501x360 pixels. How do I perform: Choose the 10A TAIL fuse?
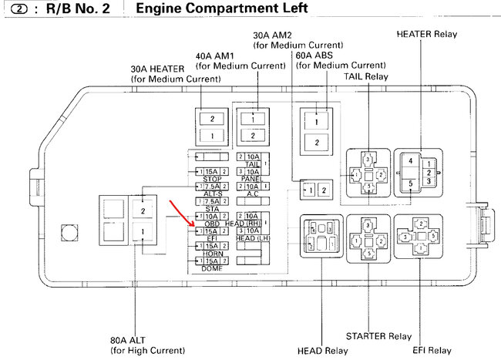click(x=253, y=156)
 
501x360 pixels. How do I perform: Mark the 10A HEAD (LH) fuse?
click(x=253, y=231)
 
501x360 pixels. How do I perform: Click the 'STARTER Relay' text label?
click(x=378, y=336)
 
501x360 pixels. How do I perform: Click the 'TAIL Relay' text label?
click(x=367, y=77)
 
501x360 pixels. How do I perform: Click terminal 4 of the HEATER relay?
click(x=411, y=162)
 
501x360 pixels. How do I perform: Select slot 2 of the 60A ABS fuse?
click(x=316, y=143)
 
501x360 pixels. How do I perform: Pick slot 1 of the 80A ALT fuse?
click(x=143, y=230)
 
